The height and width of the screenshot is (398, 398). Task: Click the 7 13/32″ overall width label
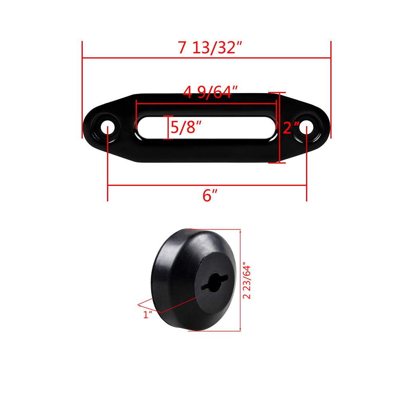pos(210,48)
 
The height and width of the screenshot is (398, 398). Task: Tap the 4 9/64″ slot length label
pos(210,92)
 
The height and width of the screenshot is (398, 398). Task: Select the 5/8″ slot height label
pos(185,127)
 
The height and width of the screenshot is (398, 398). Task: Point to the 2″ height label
pos(291,128)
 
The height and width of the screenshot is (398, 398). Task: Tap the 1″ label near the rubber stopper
pos(148,315)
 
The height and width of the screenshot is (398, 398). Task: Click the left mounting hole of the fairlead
pos(108,128)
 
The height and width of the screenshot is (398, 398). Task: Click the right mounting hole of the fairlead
pos(306,128)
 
